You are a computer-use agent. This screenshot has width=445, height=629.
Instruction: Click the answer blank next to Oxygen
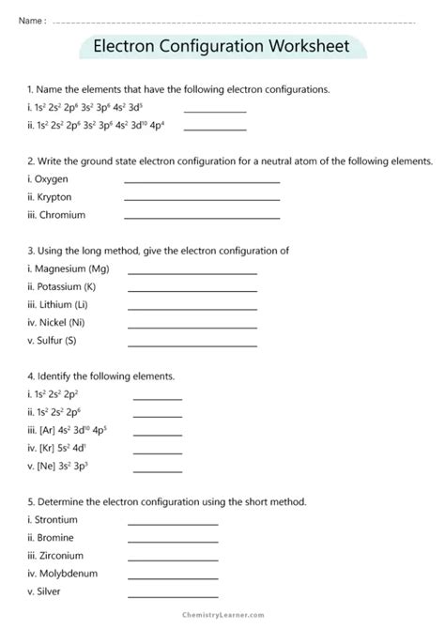[202, 181]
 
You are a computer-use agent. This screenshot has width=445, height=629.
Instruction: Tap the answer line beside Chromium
[202, 217]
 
